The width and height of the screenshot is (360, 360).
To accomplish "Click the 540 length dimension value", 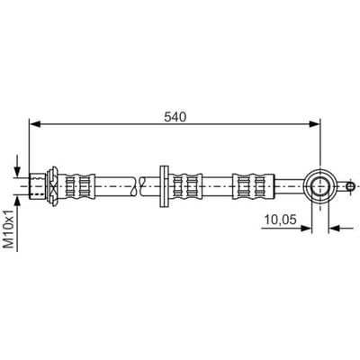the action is (x=175, y=117).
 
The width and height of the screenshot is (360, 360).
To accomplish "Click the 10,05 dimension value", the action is (x=280, y=220).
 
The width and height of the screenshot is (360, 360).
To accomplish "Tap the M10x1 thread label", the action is (x=9, y=229).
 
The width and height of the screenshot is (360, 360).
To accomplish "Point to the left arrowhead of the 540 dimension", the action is (x=35, y=124).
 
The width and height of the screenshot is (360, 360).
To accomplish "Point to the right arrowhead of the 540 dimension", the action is (x=314, y=124).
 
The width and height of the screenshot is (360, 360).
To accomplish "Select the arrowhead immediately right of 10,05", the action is (x=306, y=229).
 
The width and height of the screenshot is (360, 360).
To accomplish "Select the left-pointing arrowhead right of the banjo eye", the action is (x=334, y=229).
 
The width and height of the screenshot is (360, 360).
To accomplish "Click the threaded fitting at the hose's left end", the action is (x=37, y=186).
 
